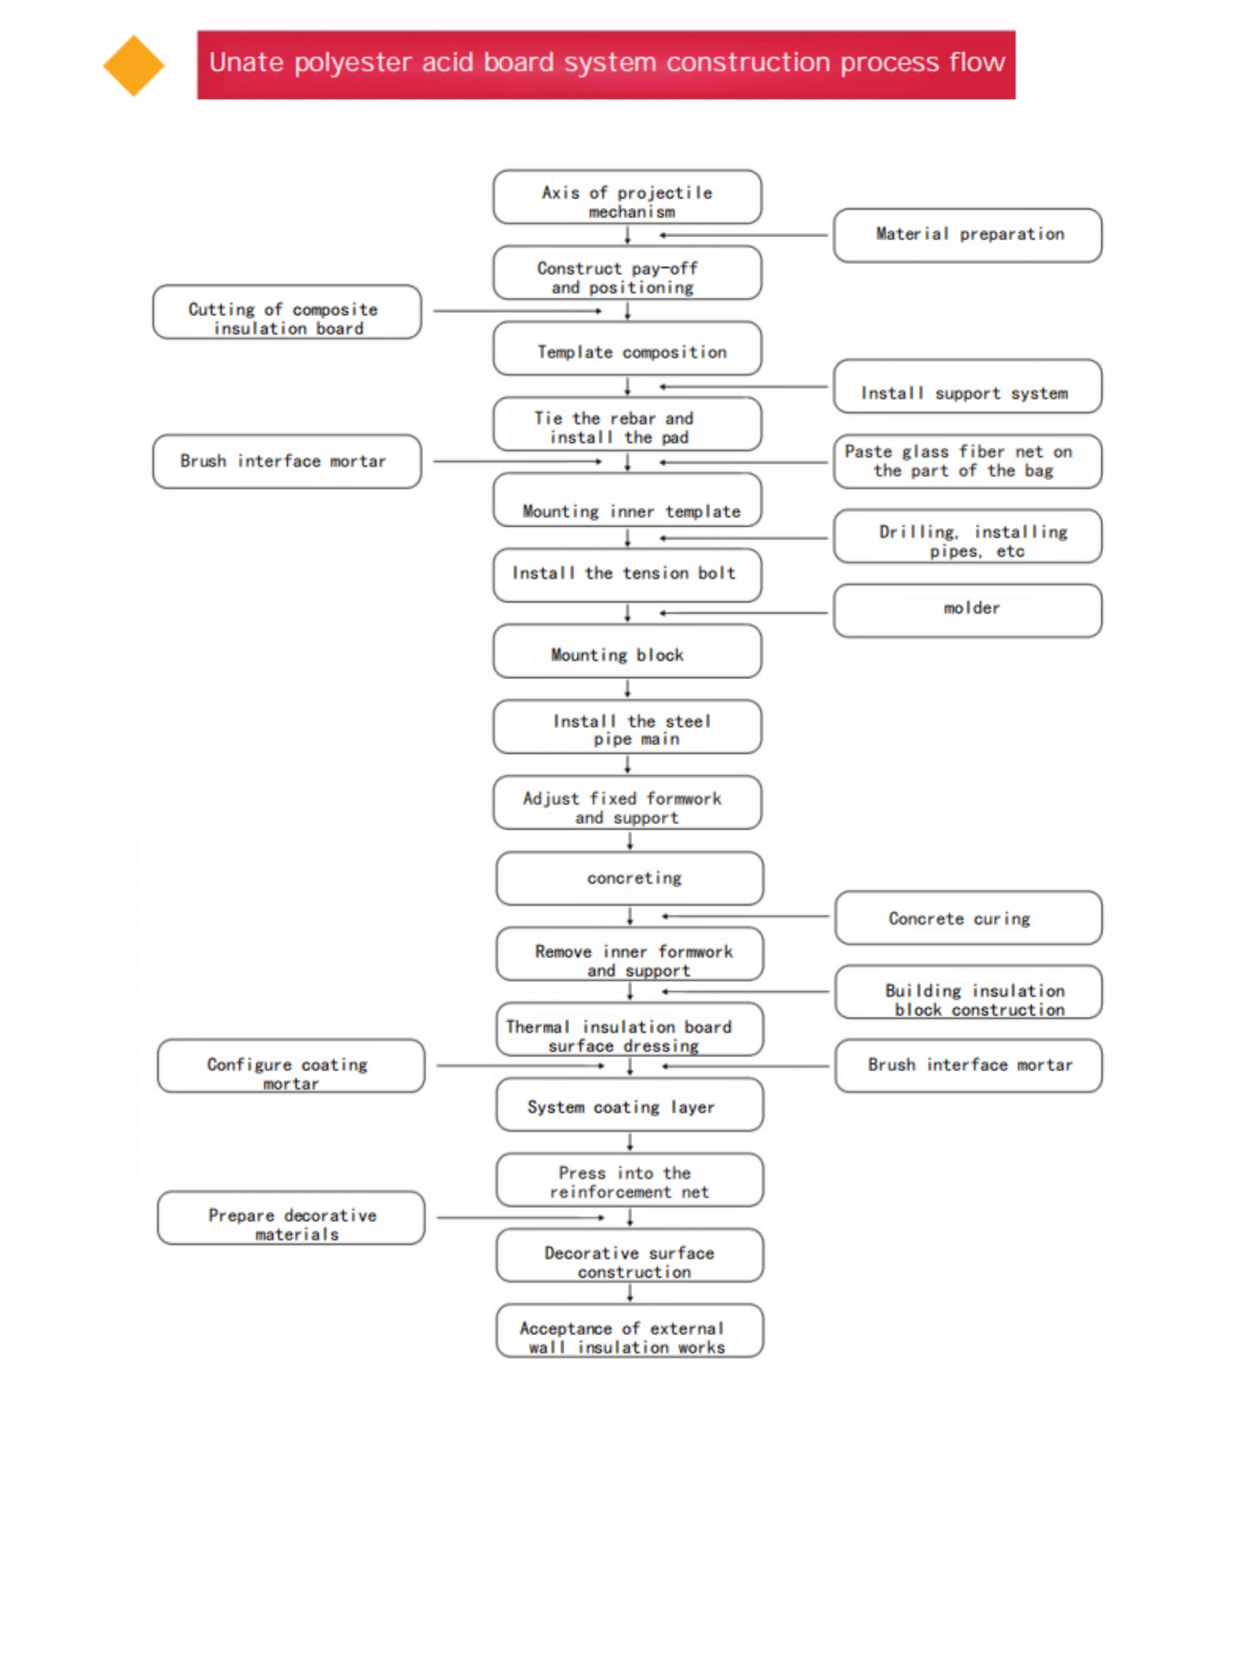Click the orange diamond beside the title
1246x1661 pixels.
click(134, 65)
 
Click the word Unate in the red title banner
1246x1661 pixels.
click(246, 62)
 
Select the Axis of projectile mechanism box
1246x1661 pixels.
click(627, 197)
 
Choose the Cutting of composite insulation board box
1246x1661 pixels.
click(287, 311)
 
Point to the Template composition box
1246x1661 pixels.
click(627, 348)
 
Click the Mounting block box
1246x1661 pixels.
click(627, 651)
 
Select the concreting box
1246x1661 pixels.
click(629, 878)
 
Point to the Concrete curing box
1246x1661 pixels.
click(968, 918)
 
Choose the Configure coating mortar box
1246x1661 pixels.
click(291, 1066)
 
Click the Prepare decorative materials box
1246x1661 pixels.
click(291, 1217)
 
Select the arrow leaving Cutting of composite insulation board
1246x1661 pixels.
click(518, 311)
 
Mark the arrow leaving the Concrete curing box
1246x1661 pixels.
click(745, 916)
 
